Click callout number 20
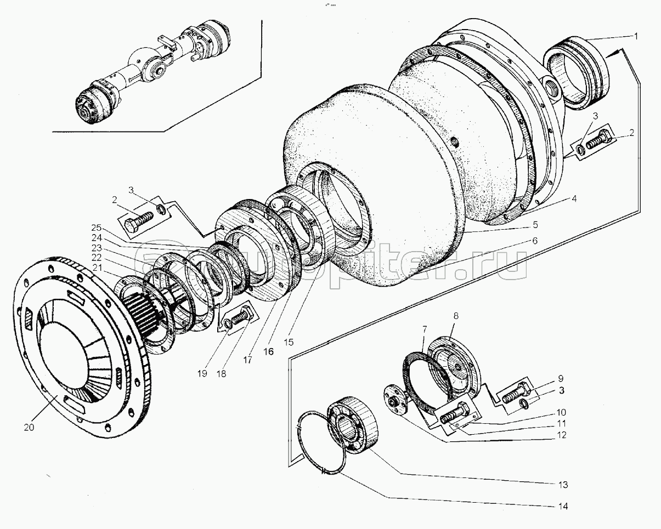pos(29,428)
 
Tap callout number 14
pos(563,507)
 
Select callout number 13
pos(563,485)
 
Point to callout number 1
pos(636,37)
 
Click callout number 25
pos(96,227)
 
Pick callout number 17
pos(247,360)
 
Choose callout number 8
pos(456,316)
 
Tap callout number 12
pos(562,435)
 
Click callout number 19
pos(202,374)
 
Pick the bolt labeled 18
pos(242,316)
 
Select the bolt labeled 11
pos(454,413)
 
